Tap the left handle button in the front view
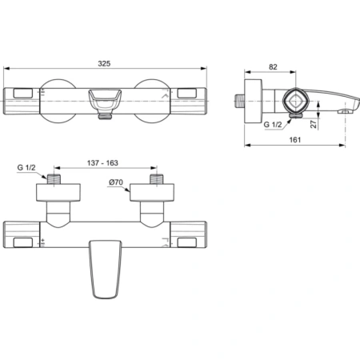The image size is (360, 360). (x=23, y=95)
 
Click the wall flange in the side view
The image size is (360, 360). (x=254, y=101)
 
